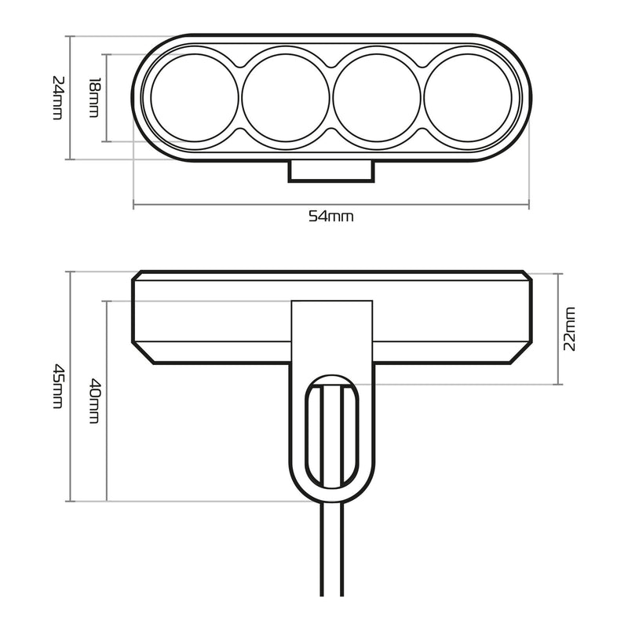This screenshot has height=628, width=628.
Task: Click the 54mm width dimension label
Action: [330, 217]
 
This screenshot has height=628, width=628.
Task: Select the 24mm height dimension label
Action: [57, 97]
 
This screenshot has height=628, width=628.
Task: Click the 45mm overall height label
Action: [57, 385]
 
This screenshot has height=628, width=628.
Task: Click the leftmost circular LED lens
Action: [194, 98]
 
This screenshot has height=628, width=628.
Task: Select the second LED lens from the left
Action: [285, 98]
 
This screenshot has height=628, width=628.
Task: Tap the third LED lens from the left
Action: [376, 98]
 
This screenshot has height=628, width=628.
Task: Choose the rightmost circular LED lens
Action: [468, 98]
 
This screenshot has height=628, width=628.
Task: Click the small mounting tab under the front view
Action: [330, 171]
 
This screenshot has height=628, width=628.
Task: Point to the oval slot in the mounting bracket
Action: [330, 431]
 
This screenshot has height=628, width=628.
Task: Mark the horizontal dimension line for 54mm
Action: [235, 206]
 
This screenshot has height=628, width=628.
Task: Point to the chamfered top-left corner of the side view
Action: [137, 276]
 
